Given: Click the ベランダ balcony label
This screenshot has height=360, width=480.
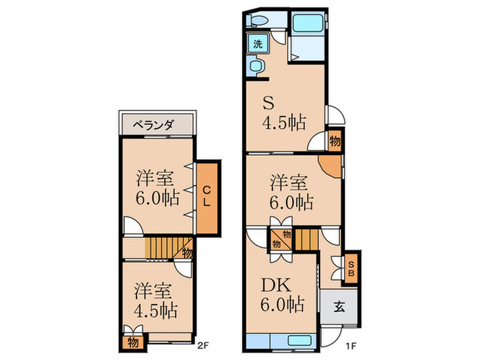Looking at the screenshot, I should pyautogui.click(x=154, y=125).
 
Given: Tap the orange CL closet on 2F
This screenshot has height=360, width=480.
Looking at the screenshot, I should pyautogui.click(x=206, y=196).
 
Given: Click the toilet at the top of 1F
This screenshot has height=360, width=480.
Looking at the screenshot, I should pyautogui.click(x=259, y=21).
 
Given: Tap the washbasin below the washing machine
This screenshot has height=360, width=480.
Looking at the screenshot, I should pyautogui.click(x=256, y=67).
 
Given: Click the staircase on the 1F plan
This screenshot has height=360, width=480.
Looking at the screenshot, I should pyautogui.click(x=307, y=239).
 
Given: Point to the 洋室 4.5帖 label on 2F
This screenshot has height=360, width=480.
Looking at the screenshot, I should pyautogui.click(x=152, y=300).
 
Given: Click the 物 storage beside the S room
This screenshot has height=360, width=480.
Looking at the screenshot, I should pyautogui.click(x=334, y=141).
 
